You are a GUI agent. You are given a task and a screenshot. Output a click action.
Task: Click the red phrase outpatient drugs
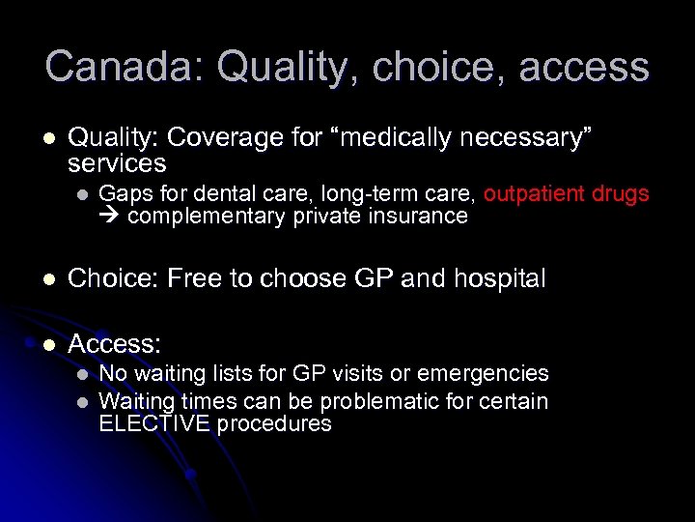click(566, 193)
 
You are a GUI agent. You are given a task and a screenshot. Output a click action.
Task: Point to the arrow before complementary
click(109, 217)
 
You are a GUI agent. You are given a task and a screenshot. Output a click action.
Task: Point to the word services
click(117, 163)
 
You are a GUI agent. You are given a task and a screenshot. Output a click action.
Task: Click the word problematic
click(377, 401)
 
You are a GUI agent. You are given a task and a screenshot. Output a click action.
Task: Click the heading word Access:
click(114, 344)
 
